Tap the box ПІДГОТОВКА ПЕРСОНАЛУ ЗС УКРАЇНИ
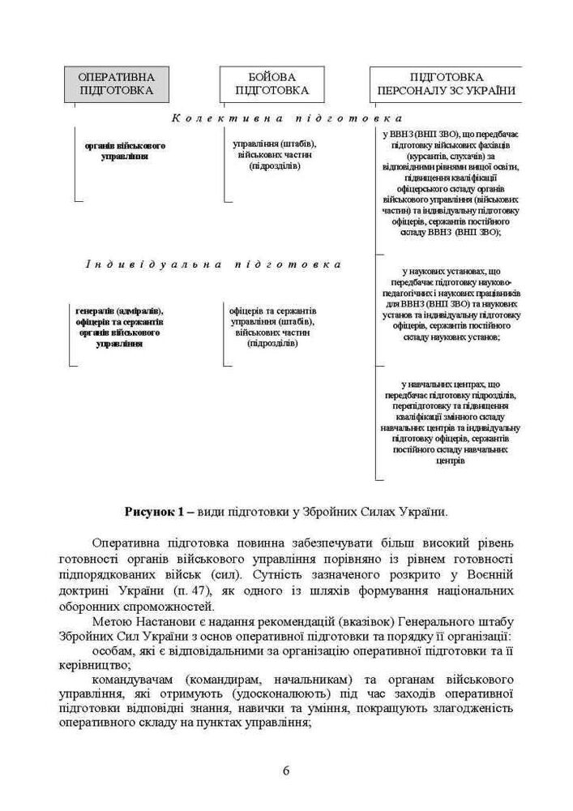coord(446,83)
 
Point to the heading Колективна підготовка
coord(286,118)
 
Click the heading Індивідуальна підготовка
coord(213,265)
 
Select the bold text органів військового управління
coord(125,150)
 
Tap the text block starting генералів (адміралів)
coord(119,327)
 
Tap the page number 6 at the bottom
coord(286,770)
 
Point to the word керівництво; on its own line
coord(89,663)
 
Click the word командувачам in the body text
coord(133,677)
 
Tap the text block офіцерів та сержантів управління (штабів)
coord(263,327)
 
